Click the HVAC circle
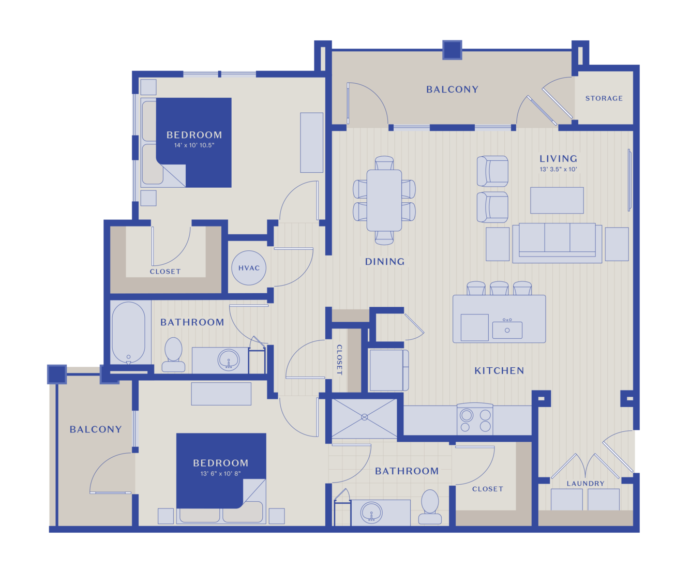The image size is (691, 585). click(x=249, y=268)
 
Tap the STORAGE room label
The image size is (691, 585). click(x=604, y=98)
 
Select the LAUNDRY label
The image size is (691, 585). click(x=585, y=484)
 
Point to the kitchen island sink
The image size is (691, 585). click(x=507, y=329)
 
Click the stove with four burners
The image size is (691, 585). click(x=475, y=419)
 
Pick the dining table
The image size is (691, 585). click(x=384, y=200)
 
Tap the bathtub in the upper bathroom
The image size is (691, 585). click(x=128, y=332)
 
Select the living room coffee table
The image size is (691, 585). click(x=557, y=200)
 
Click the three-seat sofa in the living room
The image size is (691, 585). click(x=557, y=243)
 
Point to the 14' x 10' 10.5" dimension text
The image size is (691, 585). click(x=194, y=145)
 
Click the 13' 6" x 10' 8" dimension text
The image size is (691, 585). click(x=221, y=474)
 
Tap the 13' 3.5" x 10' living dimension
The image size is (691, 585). click(x=558, y=169)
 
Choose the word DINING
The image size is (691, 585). click(x=385, y=262)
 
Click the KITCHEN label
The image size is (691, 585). click(x=499, y=371)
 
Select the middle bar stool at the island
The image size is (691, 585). click(x=499, y=288)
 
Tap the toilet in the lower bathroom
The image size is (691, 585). click(x=430, y=507)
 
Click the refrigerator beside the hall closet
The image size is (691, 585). click(x=389, y=370)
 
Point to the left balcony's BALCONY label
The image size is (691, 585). click(x=96, y=429)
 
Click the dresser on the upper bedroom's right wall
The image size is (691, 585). click(x=311, y=142)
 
